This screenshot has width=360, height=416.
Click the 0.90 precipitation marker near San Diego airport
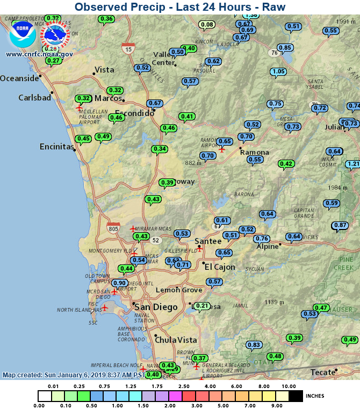(x=119, y=283)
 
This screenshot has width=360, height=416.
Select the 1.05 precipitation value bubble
(x=278, y=71)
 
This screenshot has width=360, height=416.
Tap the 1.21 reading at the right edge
(x=353, y=164)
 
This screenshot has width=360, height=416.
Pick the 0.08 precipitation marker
(x=207, y=25)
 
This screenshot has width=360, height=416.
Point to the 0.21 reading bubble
(x=201, y=306)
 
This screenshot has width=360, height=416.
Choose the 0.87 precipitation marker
(x=340, y=225)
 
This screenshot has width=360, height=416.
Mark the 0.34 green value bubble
(x=159, y=149)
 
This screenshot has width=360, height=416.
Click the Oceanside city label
(x=19, y=78)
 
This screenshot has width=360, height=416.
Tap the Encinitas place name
(x=56, y=147)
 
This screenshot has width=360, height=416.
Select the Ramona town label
(x=254, y=153)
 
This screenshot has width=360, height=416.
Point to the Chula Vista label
(x=176, y=340)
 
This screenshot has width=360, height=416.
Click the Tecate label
(x=323, y=372)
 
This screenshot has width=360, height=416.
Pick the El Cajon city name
(x=220, y=267)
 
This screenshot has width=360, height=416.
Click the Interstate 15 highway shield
(x=128, y=48)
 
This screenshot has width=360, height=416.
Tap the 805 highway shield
(x=113, y=228)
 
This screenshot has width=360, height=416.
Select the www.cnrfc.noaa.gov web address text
(x=39, y=54)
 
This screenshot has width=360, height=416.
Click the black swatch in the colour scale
(x=296, y=396)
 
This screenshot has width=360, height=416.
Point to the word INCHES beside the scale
(x=315, y=396)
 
